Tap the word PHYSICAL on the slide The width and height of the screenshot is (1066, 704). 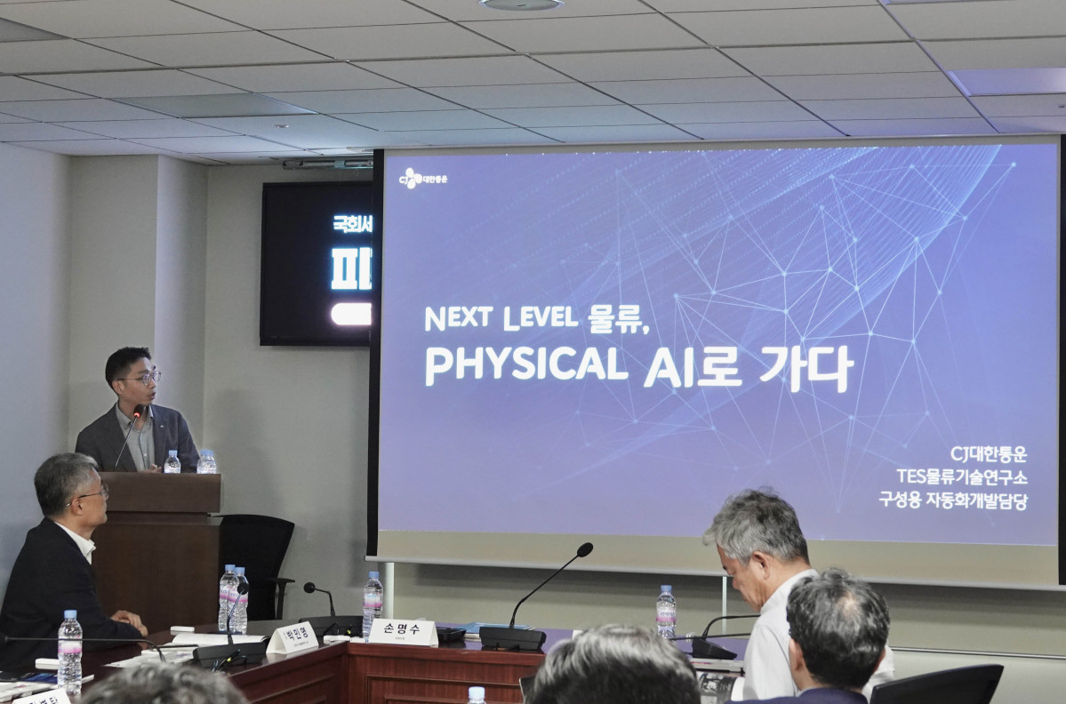pyautogui.click(x=525, y=365)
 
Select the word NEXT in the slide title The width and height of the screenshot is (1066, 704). pyautogui.click(x=458, y=318)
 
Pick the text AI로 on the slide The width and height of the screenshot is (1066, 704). pyautogui.click(x=693, y=367)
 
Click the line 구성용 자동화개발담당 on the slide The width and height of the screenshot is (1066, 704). pyautogui.click(x=953, y=500)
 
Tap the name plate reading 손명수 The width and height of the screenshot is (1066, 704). pyautogui.click(x=403, y=632)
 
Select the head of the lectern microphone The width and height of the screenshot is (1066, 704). pyautogui.click(x=139, y=412)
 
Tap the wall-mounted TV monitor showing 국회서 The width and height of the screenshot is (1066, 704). pyautogui.click(x=317, y=263)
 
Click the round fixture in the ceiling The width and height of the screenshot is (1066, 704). pyautogui.click(x=521, y=4)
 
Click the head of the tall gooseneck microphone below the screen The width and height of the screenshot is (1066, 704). pyautogui.click(x=584, y=549)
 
